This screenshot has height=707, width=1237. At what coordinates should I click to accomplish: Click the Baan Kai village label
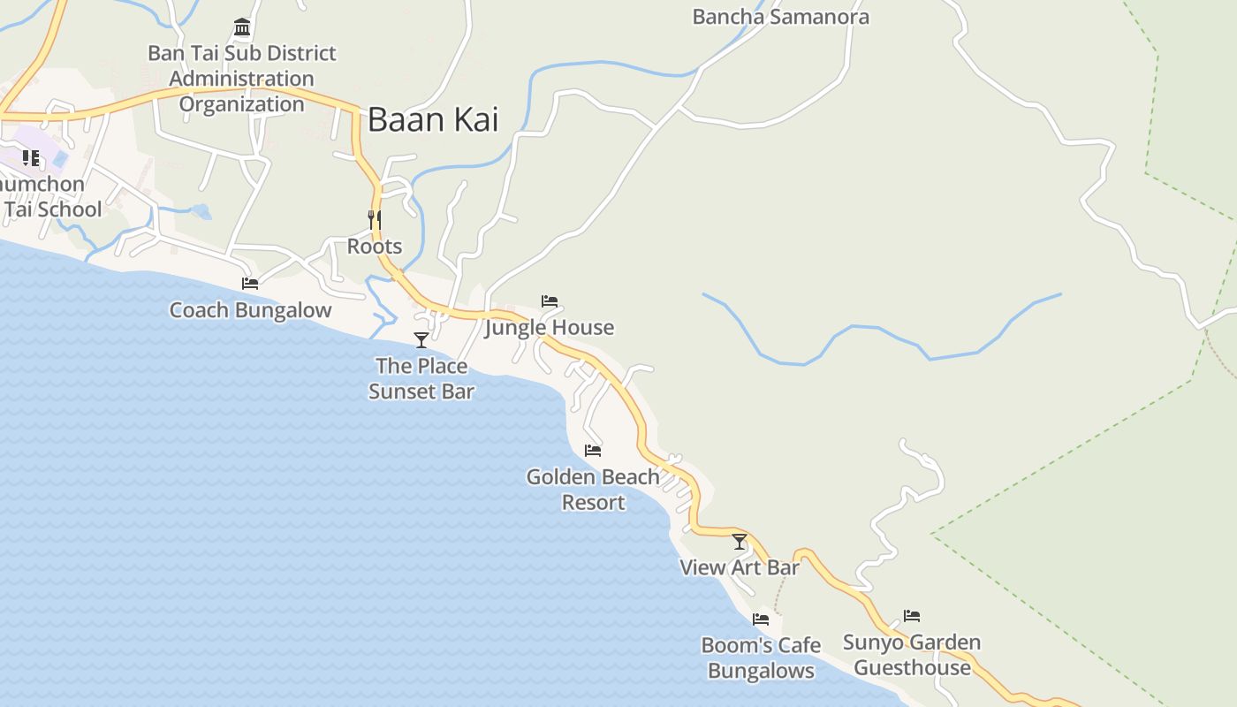[433, 119]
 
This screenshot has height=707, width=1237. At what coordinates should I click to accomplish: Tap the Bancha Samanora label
[780, 17]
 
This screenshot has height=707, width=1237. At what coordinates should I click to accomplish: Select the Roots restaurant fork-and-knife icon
[375, 219]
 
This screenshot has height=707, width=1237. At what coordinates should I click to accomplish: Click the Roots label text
[375, 247]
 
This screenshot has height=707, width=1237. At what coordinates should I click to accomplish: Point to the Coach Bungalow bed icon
[250, 284]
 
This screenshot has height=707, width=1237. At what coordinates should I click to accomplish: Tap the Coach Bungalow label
[250, 310]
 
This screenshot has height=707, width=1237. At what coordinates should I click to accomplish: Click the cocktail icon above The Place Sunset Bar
[421, 340]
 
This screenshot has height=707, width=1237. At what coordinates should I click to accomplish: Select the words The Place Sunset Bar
[421, 378]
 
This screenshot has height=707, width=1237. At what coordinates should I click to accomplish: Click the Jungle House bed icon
[550, 301]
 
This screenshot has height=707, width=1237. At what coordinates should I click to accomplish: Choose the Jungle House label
[550, 328]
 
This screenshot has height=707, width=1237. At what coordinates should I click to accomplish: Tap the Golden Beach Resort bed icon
[593, 451]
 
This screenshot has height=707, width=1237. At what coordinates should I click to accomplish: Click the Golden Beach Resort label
[593, 490]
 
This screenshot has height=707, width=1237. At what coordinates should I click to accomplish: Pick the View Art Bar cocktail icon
[740, 542]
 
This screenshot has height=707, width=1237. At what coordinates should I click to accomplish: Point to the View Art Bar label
[740, 567]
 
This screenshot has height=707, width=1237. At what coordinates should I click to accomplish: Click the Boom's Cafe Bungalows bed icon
[761, 620]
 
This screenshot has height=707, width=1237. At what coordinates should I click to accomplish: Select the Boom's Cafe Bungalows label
[761, 658]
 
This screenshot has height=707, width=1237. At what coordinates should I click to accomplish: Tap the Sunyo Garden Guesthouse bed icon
[912, 616]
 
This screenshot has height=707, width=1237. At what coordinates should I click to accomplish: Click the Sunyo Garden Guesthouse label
[912, 655]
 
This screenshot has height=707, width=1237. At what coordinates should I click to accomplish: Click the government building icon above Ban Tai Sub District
[242, 27]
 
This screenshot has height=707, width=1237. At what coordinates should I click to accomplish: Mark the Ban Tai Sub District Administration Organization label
[242, 79]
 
